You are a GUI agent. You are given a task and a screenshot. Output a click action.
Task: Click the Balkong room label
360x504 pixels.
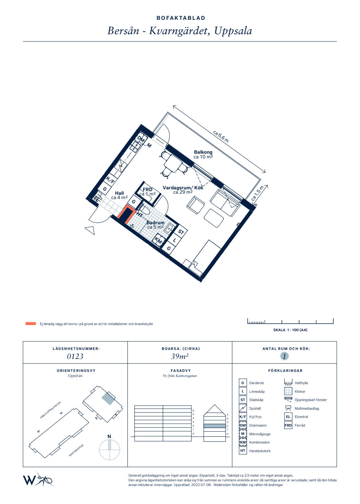(x=203, y=152)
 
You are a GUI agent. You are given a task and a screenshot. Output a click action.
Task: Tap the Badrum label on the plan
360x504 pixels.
(x=155, y=222)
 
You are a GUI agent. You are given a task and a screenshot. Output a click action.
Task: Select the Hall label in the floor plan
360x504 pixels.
(x=119, y=193)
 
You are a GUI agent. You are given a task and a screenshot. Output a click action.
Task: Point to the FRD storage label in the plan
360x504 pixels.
(x=147, y=189)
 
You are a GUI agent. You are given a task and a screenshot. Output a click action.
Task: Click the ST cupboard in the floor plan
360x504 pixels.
(x=181, y=232)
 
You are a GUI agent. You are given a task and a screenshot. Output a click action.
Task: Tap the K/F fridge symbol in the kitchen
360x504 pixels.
(x=110, y=180)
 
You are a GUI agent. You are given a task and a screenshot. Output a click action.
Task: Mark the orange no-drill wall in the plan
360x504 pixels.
(x=126, y=214)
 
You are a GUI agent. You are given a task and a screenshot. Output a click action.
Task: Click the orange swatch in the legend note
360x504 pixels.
(x=31, y=324)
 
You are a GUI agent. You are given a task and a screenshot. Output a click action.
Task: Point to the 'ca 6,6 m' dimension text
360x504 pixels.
(x=221, y=136)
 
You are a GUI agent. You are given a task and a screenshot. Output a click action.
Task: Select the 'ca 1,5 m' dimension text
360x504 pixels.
(x=257, y=193)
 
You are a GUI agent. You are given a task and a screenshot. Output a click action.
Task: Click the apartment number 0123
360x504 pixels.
(x=75, y=356)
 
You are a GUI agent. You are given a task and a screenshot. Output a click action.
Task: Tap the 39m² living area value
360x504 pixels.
(x=180, y=356)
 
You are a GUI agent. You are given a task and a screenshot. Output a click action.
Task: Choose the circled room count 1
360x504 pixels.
(x=284, y=356)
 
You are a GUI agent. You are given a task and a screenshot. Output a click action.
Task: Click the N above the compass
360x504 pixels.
(x=109, y=436)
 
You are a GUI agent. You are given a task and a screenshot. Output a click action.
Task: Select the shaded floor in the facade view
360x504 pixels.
(x=215, y=426)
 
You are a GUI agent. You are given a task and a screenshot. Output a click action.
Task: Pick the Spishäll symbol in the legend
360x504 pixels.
(x=243, y=408)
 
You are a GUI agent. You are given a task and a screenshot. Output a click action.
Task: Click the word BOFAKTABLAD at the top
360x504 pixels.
(x=181, y=18)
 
